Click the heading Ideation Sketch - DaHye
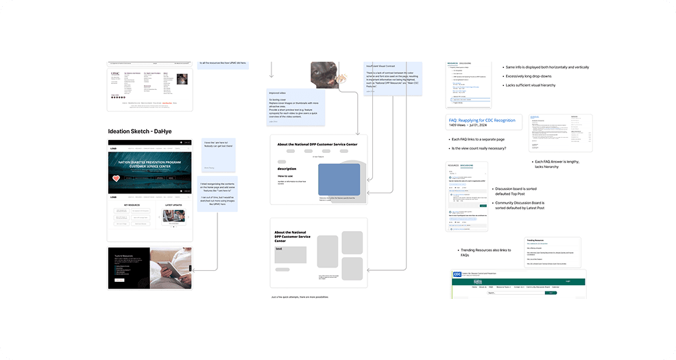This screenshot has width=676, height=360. [x=141, y=131]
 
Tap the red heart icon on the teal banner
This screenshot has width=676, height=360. [x=116, y=179]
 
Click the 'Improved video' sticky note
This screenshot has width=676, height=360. [x=297, y=107]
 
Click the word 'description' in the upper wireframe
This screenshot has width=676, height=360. [x=287, y=168]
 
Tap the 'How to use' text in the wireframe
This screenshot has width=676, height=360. [x=286, y=176]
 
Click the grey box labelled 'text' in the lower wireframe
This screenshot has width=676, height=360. [x=291, y=254]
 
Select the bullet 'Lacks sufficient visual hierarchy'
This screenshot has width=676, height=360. [x=531, y=85]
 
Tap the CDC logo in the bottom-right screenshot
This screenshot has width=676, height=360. [x=457, y=274]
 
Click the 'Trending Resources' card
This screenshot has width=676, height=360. [x=552, y=252]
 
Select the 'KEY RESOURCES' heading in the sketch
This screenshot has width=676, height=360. [x=132, y=205]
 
